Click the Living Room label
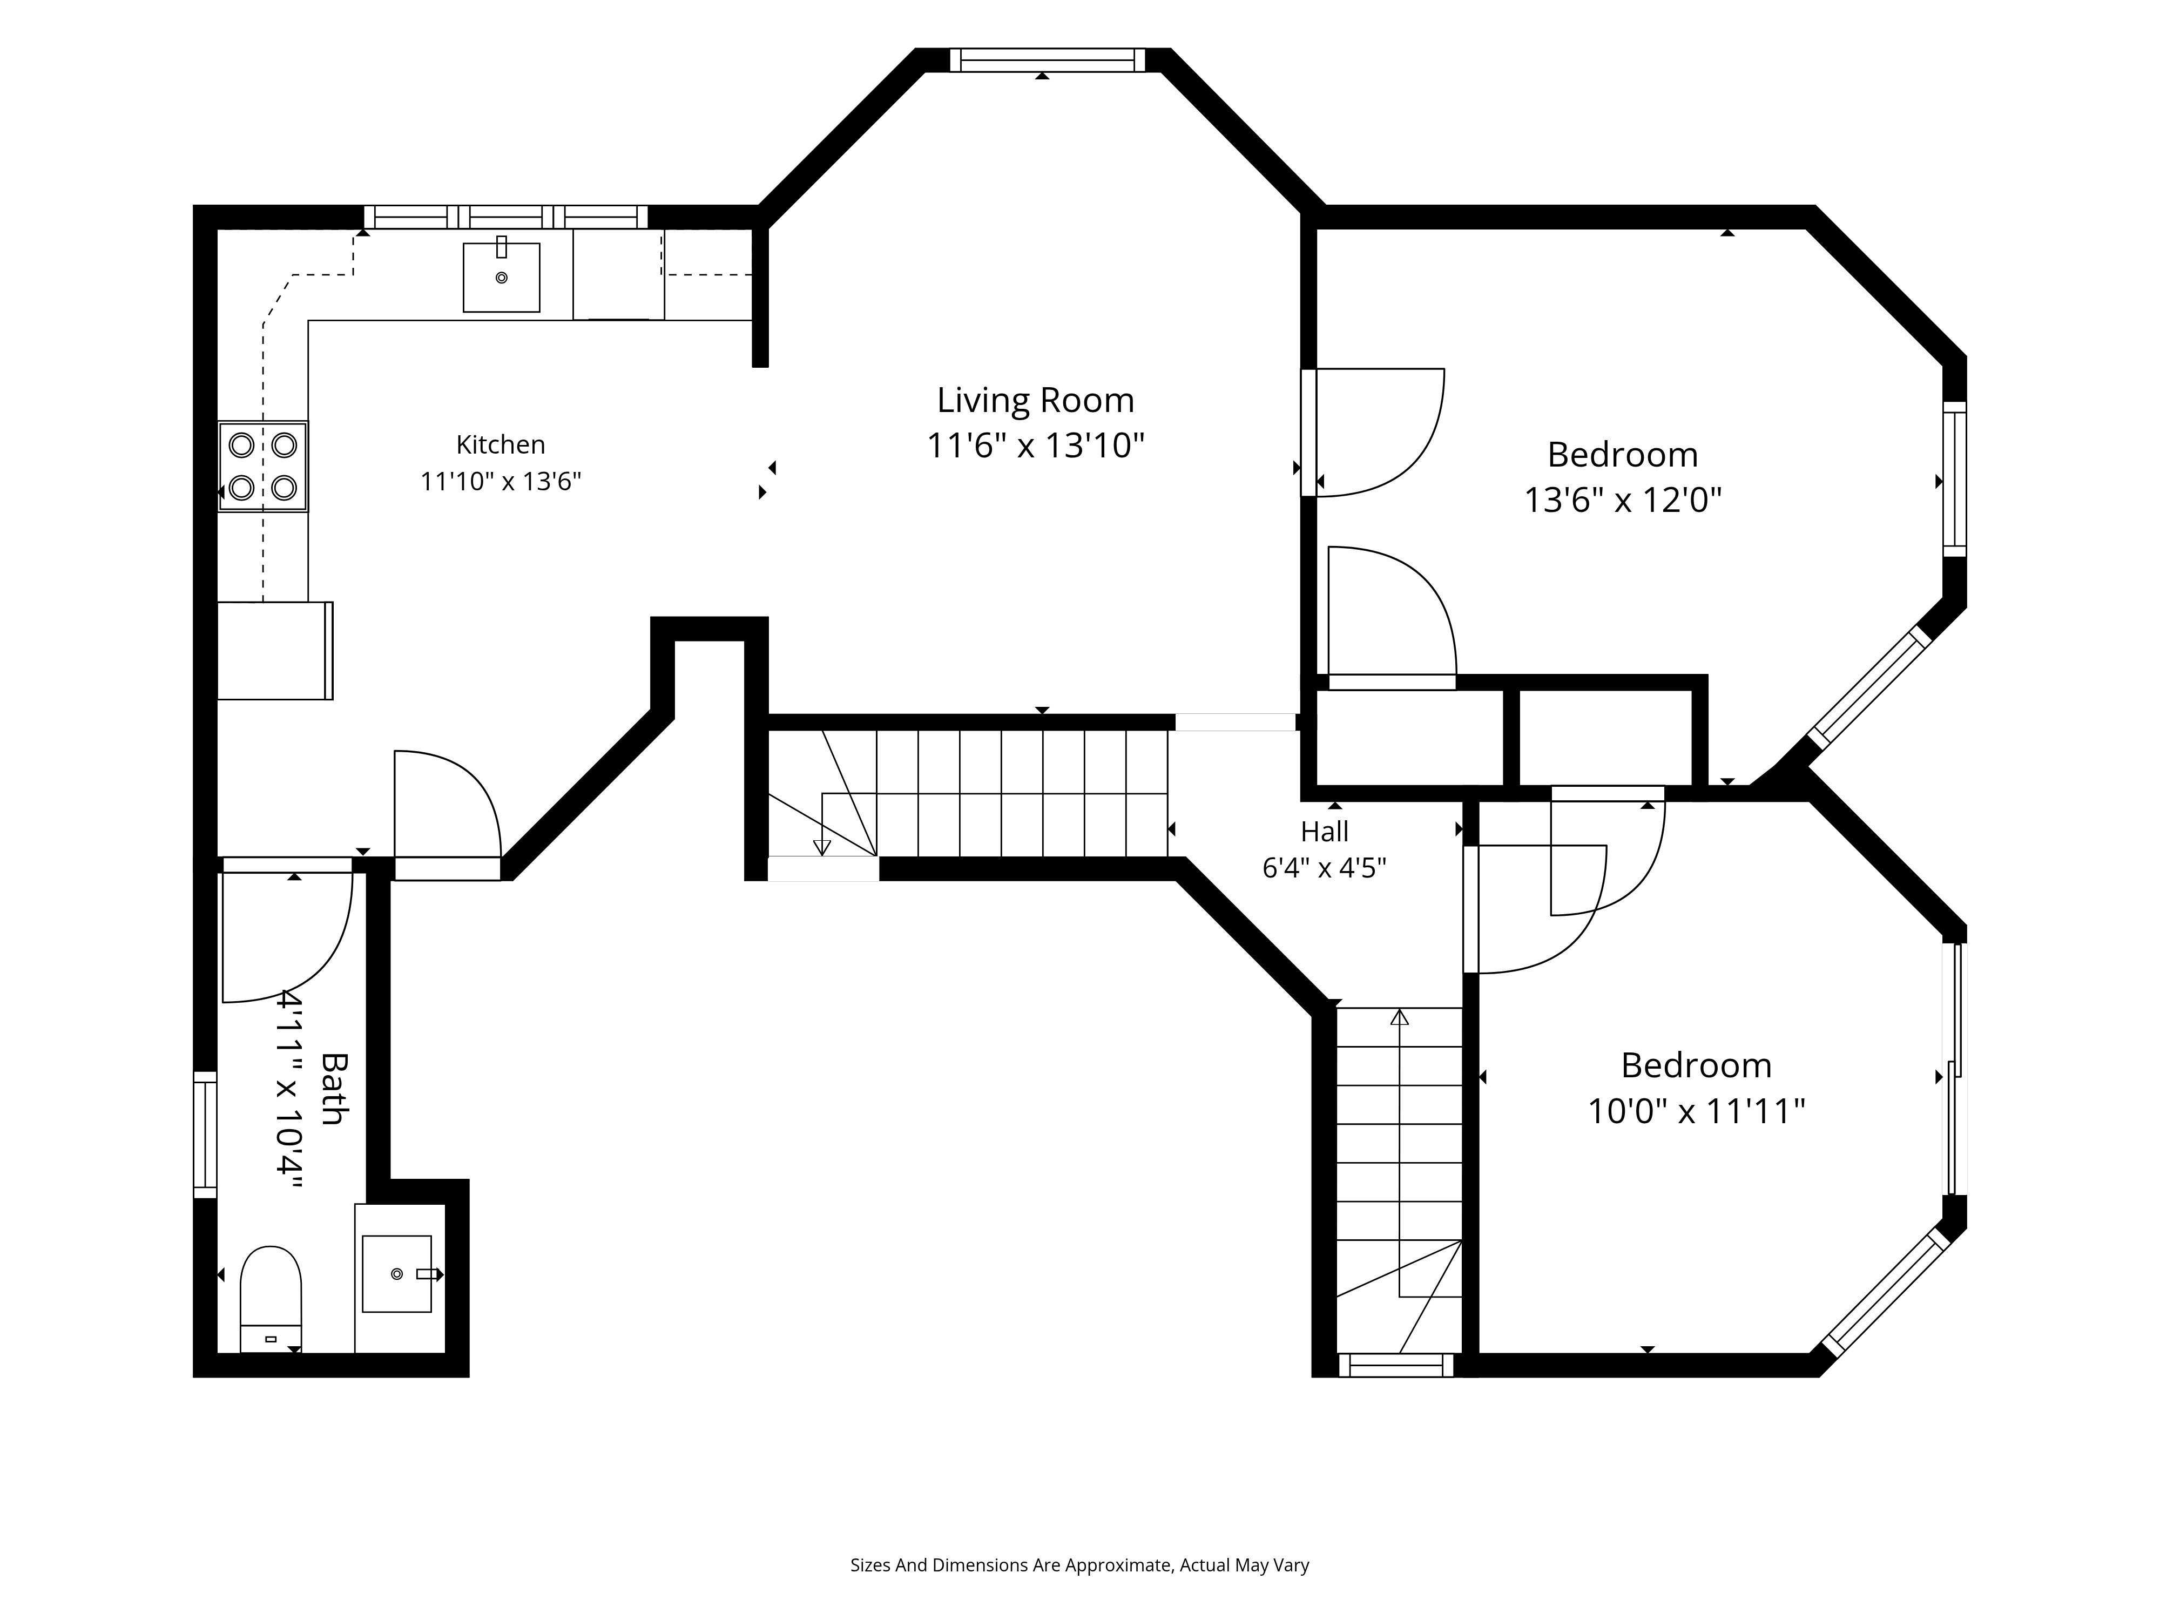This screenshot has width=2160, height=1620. point(1035,400)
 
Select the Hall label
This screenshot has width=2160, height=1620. point(1325,832)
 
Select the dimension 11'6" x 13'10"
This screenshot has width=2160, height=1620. point(1035,446)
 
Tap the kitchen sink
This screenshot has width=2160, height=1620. point(502,278)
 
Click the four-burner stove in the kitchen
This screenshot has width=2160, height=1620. point(262,467)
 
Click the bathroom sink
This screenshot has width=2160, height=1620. point(397,1273)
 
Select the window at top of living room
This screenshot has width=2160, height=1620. point(1047,60)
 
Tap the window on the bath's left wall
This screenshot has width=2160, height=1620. point(205,1135)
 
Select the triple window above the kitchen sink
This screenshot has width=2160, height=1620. point(506,217)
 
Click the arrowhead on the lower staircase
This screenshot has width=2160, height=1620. point(1399,1017)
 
